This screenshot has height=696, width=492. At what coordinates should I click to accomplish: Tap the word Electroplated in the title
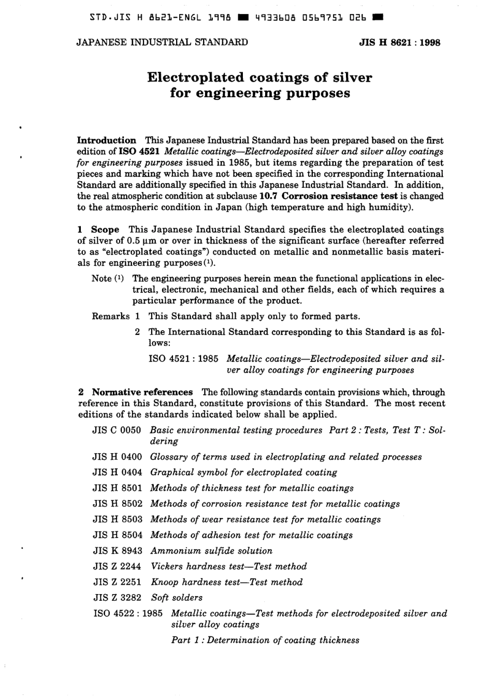pyautogui.click(x=195, y=78)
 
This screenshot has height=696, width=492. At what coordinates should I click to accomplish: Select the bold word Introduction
pyautogui.click(x=106, y=140)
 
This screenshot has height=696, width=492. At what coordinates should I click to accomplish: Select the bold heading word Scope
pyautogui.click(x=105, y=229)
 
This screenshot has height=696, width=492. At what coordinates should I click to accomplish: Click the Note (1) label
pyautogui.click(x=107, y=278)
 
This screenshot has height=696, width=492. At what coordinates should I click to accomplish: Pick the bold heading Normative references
pyautogui.click(x=142, y=392)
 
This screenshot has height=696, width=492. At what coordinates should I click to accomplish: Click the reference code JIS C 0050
pyautogui.click(x=117, y=430)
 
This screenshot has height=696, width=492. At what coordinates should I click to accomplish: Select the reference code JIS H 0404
pyautogui.click(x=118, y=472)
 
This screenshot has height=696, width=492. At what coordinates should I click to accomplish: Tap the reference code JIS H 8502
pyautogui.click(x=118, y=504)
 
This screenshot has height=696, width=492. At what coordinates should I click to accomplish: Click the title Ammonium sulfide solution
pyautogui.click(x=211, y=551)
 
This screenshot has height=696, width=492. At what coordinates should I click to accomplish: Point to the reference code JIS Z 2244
pyautogui.click(x=118, y=566)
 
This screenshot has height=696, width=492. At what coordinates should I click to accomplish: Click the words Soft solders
pyautogui.click(x=177, y=597)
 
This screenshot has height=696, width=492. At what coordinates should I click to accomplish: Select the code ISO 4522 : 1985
pyautogui.click(x=128, y=613)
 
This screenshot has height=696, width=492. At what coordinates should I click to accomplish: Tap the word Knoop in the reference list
pyautogui.click(x=164, y=582)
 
